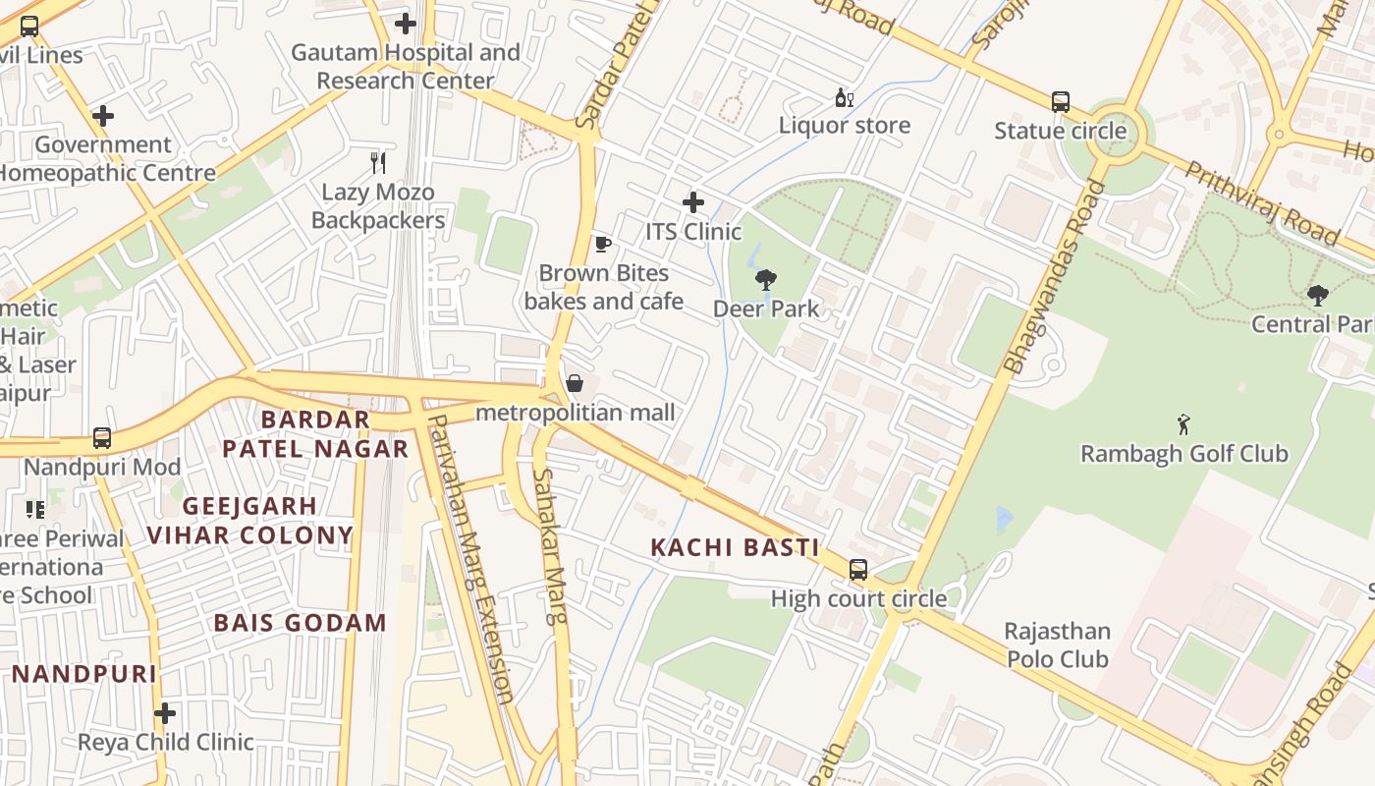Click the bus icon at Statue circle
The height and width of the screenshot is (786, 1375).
click(1060, 101)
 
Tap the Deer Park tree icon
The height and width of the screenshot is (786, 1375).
click(765, 280)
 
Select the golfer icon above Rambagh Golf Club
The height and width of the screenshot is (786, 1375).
click(1183, 424)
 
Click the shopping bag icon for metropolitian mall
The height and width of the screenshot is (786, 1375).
click(575, 383)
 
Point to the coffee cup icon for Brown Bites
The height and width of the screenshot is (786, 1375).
click(602, 244)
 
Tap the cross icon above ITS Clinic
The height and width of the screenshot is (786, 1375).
click(693, 202)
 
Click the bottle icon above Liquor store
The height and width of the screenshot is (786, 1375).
click(843, 97)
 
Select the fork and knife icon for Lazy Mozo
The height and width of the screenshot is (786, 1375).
click(378, 162)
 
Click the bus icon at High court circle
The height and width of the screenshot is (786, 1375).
click(857, 569)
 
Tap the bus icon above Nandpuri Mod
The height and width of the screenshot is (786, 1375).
click(102, 438)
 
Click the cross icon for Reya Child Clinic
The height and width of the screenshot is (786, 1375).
click(165, 712)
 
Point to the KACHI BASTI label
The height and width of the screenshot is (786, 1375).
click(735, 548)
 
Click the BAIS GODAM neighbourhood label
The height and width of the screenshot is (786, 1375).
click(300, 623)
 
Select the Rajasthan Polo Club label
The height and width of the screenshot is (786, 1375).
click(1057, 646)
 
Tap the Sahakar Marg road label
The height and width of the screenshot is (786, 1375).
click(551, 545)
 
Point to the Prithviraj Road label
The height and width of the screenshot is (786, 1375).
click(1262, 203)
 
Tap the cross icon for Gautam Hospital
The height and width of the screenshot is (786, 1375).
click(405, 24)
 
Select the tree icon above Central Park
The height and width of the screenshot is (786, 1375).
click(1317, 295)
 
